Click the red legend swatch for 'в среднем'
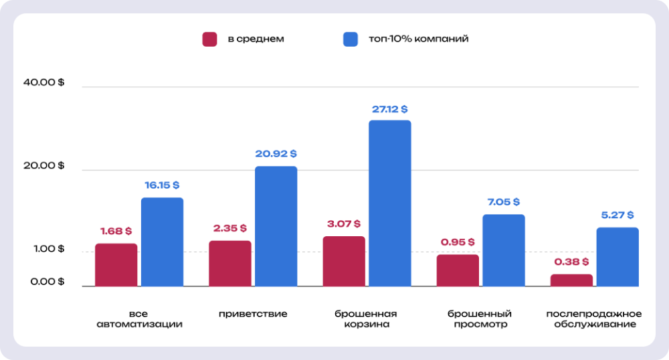click(x=210, y=39)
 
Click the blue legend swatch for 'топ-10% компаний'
click(x=351, y=39)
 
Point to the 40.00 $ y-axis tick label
click(x=43, y=82)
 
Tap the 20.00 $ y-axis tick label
click(x=43, y=166)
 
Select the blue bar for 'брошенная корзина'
click(x=390, y=203)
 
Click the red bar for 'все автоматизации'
click(x=116, y=265)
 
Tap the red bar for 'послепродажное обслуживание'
click(x=571, y=280)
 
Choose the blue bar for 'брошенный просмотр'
click(x=504, y=250)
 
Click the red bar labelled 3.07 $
click(x=344, y=261)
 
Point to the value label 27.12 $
click(x=390, y=109)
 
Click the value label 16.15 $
click(x=162, y=185)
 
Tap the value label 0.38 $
click(x=571, y=262)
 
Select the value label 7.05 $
click(x=503, y=202)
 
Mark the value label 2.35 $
click(x=229, y=229)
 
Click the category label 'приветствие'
click(x=253, y=314)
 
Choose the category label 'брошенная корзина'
click(x=366, y=319)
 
